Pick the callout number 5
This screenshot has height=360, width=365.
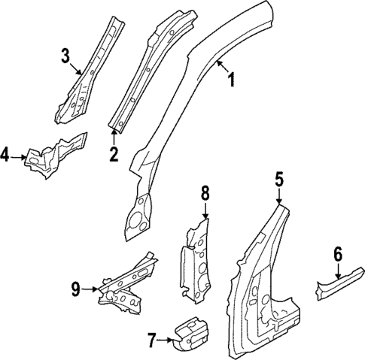point(278,180)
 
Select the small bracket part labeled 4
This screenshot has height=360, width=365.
point(53,154)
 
